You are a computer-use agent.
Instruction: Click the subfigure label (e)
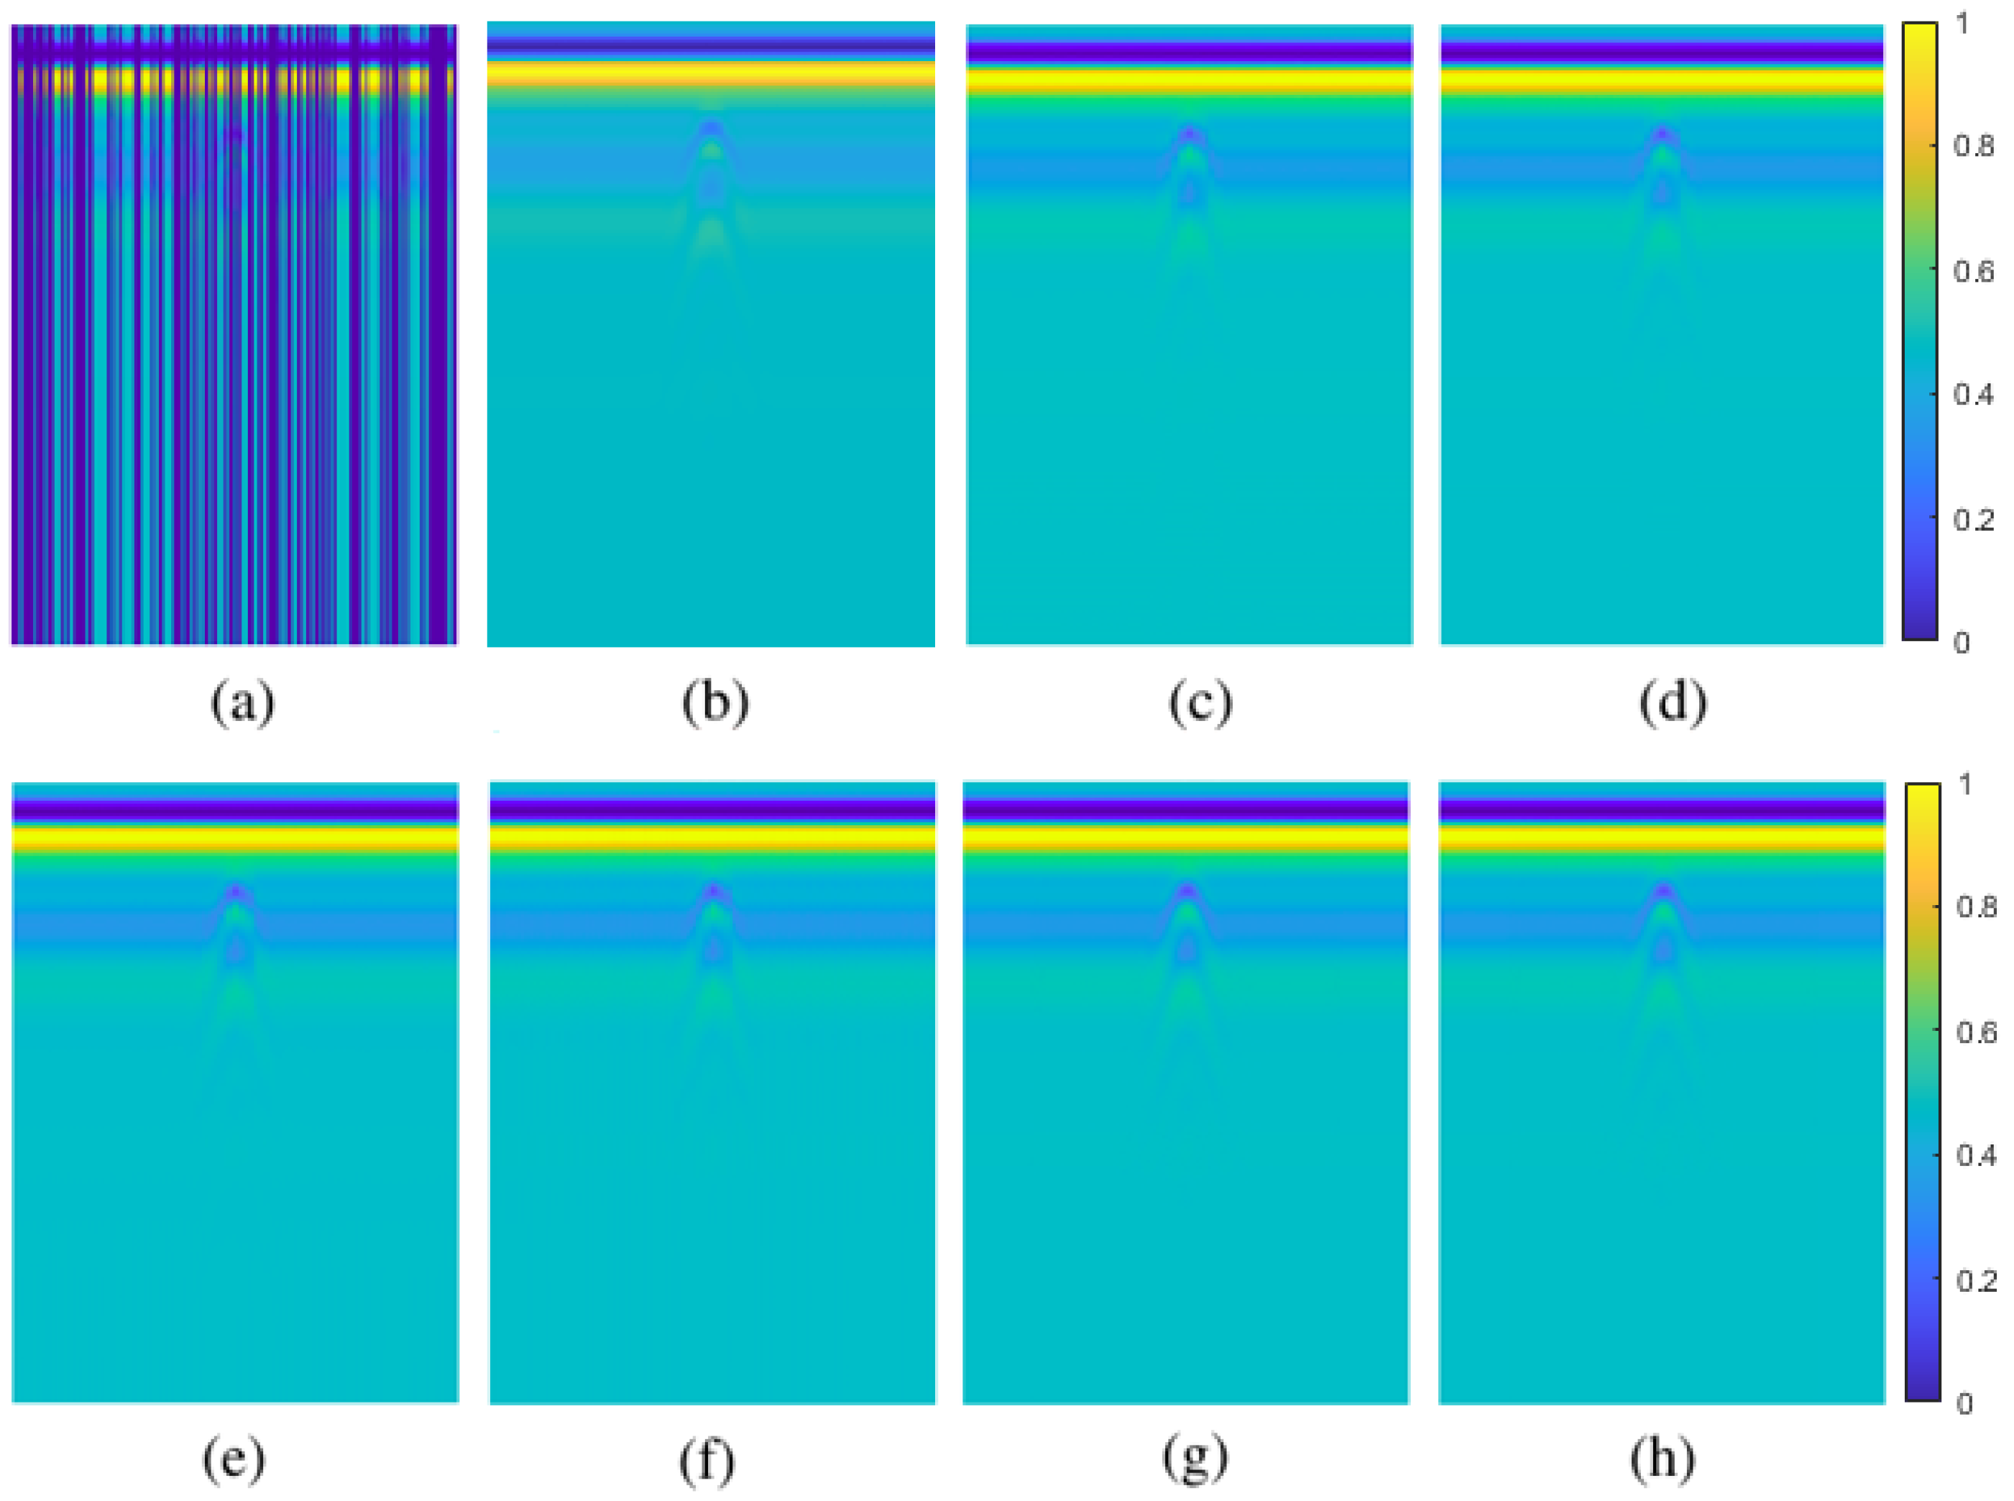[x=234, y=1459]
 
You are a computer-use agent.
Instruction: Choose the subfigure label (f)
[x=707, y=1459]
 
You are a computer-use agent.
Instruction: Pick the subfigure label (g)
[x=1195, y=1459]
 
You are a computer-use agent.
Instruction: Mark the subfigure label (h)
[x=1663, y=1459]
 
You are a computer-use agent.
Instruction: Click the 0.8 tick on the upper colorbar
[x=1973, y=145]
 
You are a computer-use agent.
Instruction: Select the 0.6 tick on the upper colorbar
[x=1973, y=271]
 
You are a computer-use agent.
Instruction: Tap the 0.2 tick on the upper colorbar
[x=1973, y=520]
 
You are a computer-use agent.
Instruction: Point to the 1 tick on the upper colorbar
[x=1962, y=24]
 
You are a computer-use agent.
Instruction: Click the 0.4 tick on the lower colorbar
[x=1976, y=1156]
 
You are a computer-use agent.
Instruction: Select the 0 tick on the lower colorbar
[x=1964, y=1404]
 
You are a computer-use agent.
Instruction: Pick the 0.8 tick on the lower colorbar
[x=1976, y=906]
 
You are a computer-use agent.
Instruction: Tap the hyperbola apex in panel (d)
[x=1663, y=134]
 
